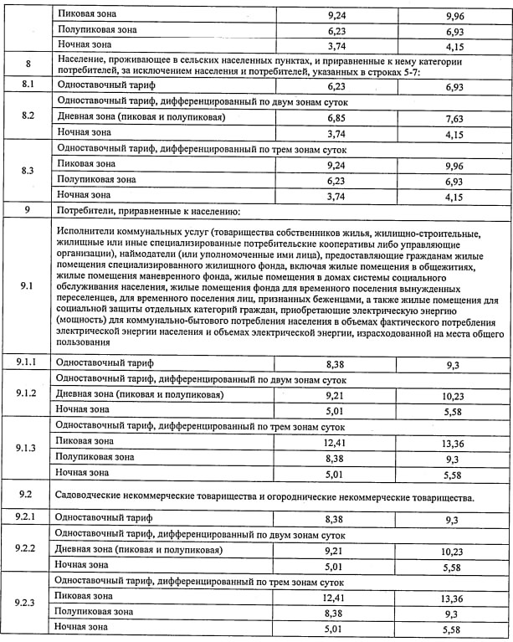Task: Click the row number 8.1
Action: pyautogui.click(x=28, y=85)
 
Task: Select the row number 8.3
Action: pyautogui.click(x=28, y=171)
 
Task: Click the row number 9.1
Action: pyautogui.click(x=28, y=286)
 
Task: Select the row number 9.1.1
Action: pyautogui.click(x=28, y=362)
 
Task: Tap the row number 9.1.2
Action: pyautogui.click(x=28, y=393)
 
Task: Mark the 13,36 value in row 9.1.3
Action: pyautogui.click(x=454, y=441)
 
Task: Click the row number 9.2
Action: pyautogui.click(x=28, y=496)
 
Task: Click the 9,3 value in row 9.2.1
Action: pyautogui.click(x=454, y=519)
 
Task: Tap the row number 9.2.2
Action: pyautogui.click(x=28, y=549)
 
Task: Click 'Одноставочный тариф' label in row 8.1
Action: pyautogui.click(x=104, y=85)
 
